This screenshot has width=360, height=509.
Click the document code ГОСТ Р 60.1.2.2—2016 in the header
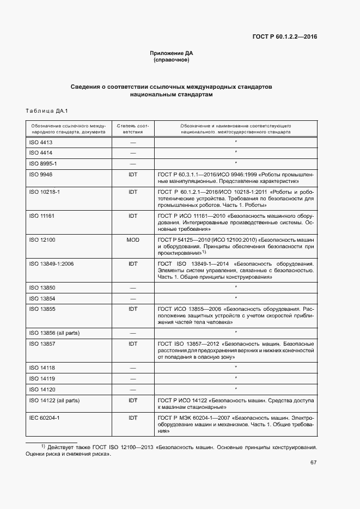[x=285, y=37]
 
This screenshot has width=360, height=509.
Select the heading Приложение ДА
[x=172, y=53]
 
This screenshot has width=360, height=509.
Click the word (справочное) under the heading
[x=172, y=60]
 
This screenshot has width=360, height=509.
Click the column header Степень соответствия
[x=132, y=128]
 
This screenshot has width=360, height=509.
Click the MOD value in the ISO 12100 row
[x=132, y=239]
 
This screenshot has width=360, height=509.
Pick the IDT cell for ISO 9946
[x=132, y=174]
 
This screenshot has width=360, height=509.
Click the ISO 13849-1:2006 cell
[x=51, y=263]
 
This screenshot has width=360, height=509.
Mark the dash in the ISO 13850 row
[x=132, y=287]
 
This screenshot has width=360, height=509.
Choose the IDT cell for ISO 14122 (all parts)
[x=132, y=400]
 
